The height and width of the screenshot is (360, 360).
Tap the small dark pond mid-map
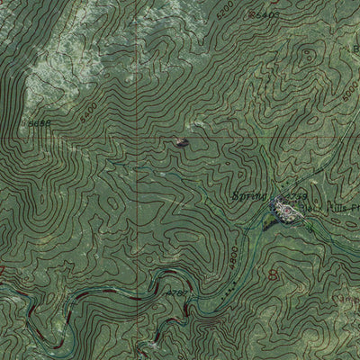pos(182,141)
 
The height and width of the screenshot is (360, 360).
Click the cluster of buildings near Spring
pos(286,210)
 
